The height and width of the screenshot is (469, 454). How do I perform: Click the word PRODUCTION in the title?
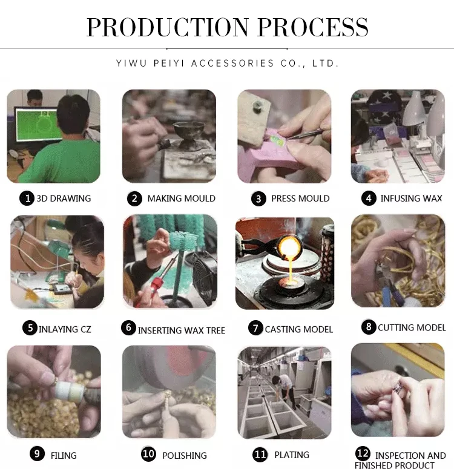(x=168, y=27)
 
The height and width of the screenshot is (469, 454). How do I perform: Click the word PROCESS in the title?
(x=313, y=27)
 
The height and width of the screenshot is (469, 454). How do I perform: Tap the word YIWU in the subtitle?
(x=131, y=63)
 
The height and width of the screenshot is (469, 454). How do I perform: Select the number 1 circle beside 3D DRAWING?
(x=27, y=198)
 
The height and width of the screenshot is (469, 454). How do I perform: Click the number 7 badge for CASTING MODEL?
(x=255, y=329)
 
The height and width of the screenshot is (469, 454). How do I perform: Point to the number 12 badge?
(x=363, y=453)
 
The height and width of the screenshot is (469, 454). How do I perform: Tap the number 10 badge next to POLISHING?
(x=148, y=454)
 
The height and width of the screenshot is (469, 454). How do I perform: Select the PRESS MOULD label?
(x=300, y=198)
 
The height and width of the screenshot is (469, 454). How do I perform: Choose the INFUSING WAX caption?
(x=411, y=198)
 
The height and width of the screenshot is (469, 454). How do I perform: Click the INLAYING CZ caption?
(x=65, y=329)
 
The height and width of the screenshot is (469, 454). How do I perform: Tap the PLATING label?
(x=292, y=455)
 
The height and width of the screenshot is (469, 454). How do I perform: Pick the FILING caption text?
(x=64, y=456)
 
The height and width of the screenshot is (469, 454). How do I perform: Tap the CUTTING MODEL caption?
(x=412, y=328)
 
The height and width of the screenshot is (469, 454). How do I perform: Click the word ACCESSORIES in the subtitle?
(x=232, y=63)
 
